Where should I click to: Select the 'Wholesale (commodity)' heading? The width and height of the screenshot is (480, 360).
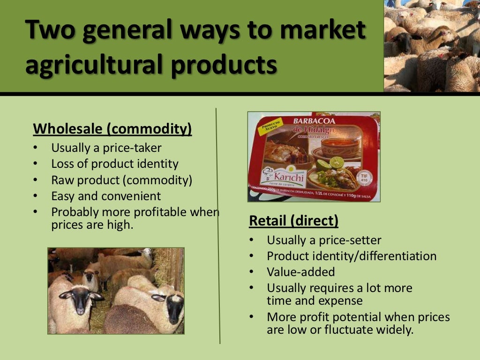point(112,128)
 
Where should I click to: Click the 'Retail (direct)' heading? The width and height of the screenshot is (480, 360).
point(293,220)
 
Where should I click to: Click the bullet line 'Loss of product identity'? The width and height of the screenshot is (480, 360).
point(115,164)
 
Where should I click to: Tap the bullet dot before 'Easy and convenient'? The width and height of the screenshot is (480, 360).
point(36,196)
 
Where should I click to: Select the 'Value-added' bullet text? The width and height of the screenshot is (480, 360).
point(301,272)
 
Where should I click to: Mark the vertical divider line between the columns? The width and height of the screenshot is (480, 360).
point(218,225)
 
